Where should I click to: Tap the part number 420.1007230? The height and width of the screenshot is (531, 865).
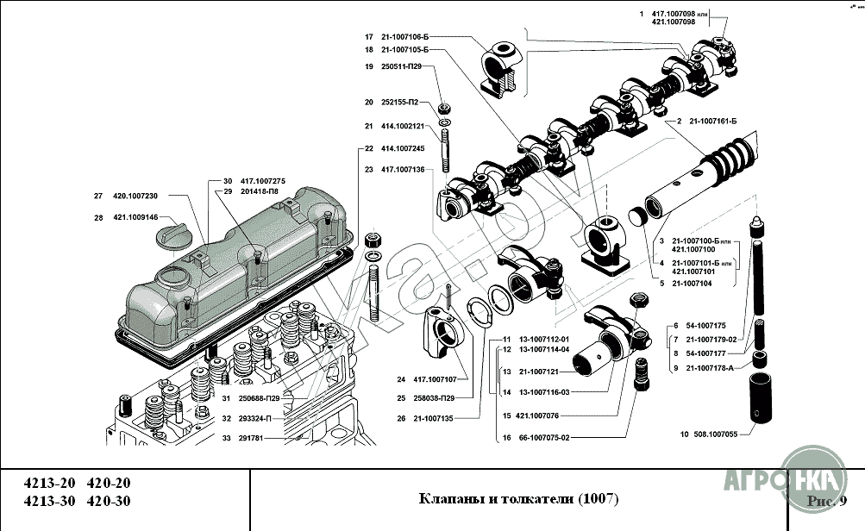(x=135, y=196)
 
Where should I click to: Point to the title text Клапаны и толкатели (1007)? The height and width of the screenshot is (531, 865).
(x=517, y=499)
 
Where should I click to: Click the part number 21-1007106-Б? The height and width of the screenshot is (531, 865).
(x=404, y=37)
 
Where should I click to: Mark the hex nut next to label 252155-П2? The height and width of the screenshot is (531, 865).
(x=443, y=108)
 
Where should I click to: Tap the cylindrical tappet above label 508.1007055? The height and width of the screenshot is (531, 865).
(x=759, y=398)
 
